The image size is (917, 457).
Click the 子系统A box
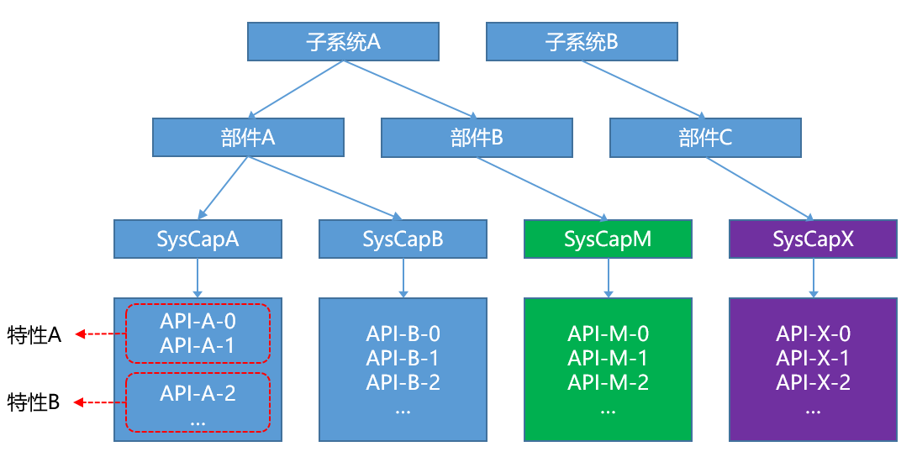click(x=343, y=42)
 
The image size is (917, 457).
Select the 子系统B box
click(x=582, y=42)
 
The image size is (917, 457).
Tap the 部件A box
click(x=248, y=138)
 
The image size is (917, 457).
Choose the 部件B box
click(x=477, y=138)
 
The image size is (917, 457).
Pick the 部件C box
click(x=705, y=138)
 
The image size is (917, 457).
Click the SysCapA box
click(x=198, y=239)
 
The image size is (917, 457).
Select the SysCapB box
click(x=403, y=239)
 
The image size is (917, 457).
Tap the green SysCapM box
click(x=608, y=239)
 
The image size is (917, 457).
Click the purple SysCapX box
click(x=813, y=239)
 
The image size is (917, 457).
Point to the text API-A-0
click(x=198, y=321)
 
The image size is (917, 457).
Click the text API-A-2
click(x=198, y=392)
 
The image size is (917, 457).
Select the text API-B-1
click(x=403, y=358)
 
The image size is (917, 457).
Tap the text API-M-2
click(x=608, y=382)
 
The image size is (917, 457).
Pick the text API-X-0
click(x=813, y=334)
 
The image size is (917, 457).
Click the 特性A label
click(x=34, y=334)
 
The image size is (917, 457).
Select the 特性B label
click(x=34, y=402)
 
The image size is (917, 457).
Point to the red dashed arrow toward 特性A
click(x=100, y=334)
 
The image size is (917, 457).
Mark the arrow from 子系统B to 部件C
click(x=643, y=88)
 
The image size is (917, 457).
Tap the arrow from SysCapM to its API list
click(x=608, y=277)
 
